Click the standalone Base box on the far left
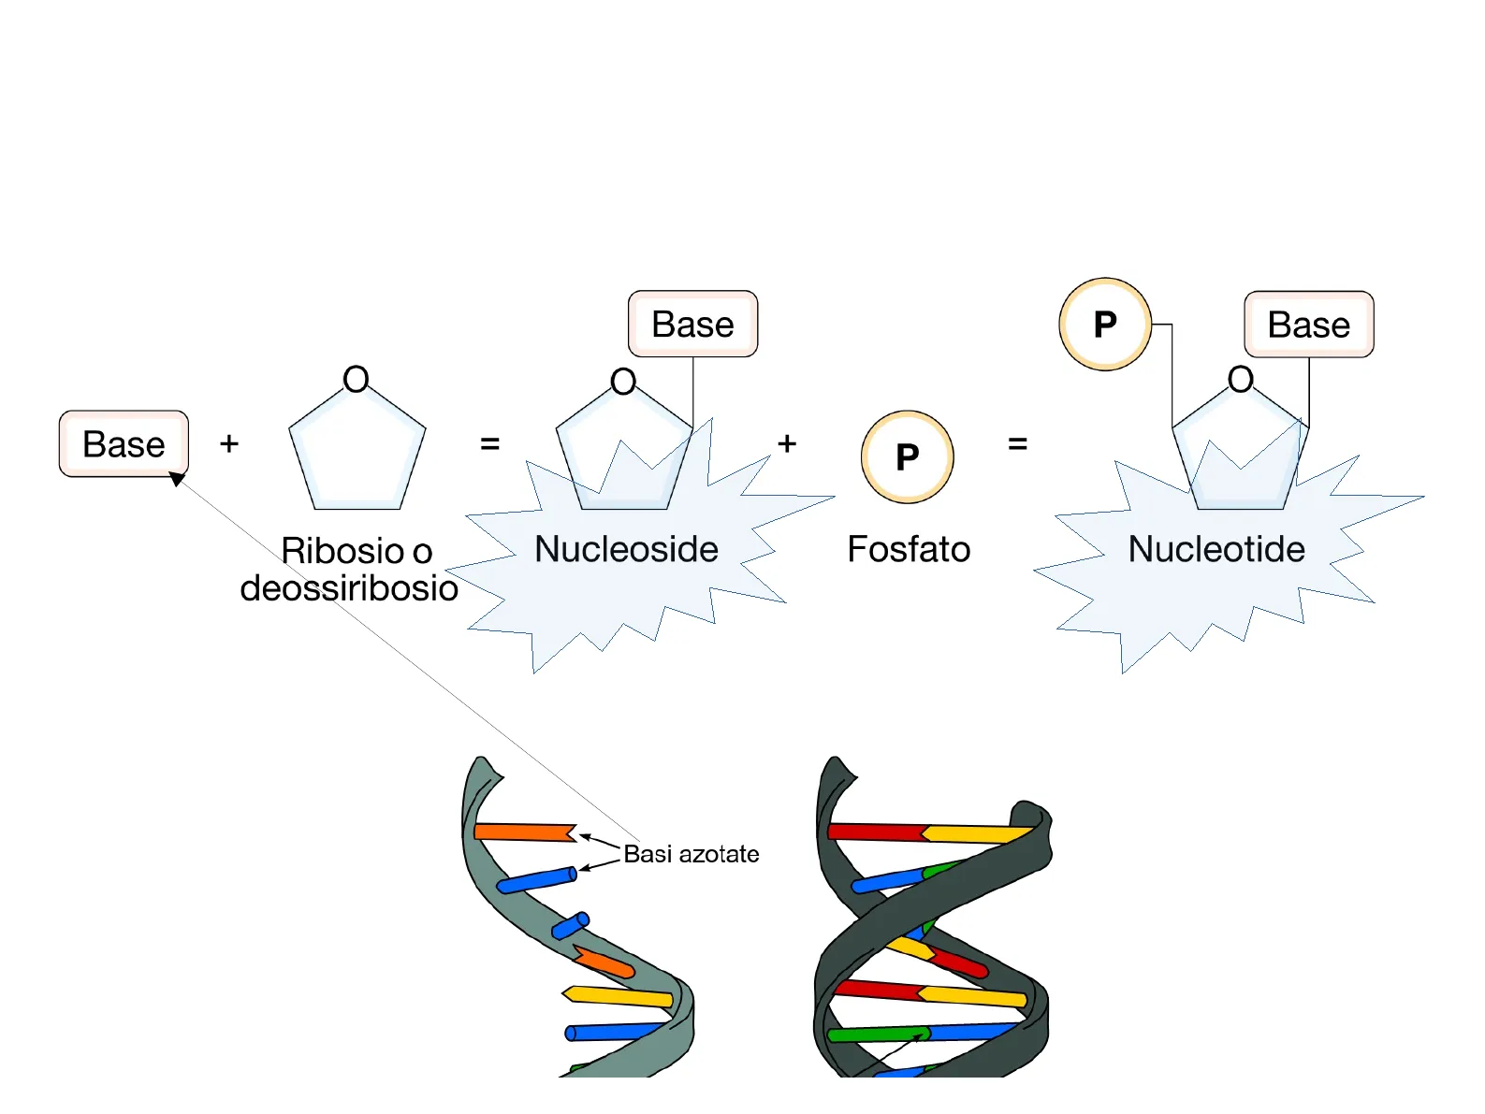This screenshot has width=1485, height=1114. [124, 443]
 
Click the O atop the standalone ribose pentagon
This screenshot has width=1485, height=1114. [356, 380]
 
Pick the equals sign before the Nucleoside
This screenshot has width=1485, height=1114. [489, 443]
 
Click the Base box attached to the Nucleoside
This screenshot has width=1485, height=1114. [692, 324]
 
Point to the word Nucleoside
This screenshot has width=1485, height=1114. [626, 549]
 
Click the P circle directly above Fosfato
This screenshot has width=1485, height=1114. [907, 456]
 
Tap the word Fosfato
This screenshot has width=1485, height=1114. [909, 549]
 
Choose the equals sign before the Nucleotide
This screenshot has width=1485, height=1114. [1018, 443]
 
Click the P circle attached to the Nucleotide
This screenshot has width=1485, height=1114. [1105, 324]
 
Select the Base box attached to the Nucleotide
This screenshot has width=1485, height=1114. [1308, 325]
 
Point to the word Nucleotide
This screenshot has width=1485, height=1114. [1216, 549]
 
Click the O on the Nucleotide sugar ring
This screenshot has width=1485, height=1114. [1241, 380]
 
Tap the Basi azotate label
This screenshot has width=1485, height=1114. [692, 854]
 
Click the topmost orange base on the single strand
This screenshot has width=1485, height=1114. [524, 832]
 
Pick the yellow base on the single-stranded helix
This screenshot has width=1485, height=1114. [618, 996]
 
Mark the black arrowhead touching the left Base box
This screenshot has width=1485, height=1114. [177, 479]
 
